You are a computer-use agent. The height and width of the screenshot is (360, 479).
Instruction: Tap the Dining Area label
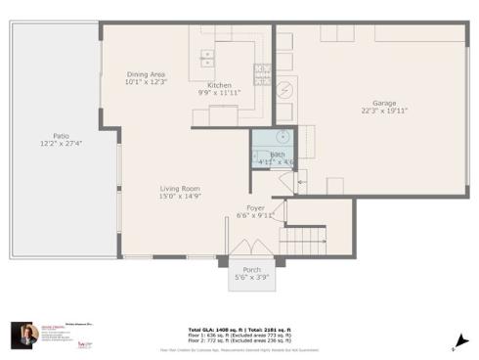145,74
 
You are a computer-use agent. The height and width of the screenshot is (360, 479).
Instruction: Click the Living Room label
180,188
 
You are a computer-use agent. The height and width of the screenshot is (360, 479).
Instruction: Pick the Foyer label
255,207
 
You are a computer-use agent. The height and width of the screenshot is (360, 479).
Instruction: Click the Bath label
278,155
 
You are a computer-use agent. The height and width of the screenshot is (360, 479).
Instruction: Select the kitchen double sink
207,55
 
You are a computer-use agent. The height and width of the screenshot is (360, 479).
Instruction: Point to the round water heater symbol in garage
285,88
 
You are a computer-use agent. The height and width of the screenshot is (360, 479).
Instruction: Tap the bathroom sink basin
279,138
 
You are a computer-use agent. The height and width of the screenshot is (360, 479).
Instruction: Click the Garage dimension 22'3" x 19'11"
384,112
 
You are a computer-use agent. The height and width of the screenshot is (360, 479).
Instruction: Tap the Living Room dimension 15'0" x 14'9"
180,196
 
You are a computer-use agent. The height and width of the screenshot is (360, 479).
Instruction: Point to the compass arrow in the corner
457,342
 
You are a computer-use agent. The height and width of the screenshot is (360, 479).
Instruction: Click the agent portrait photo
25,336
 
